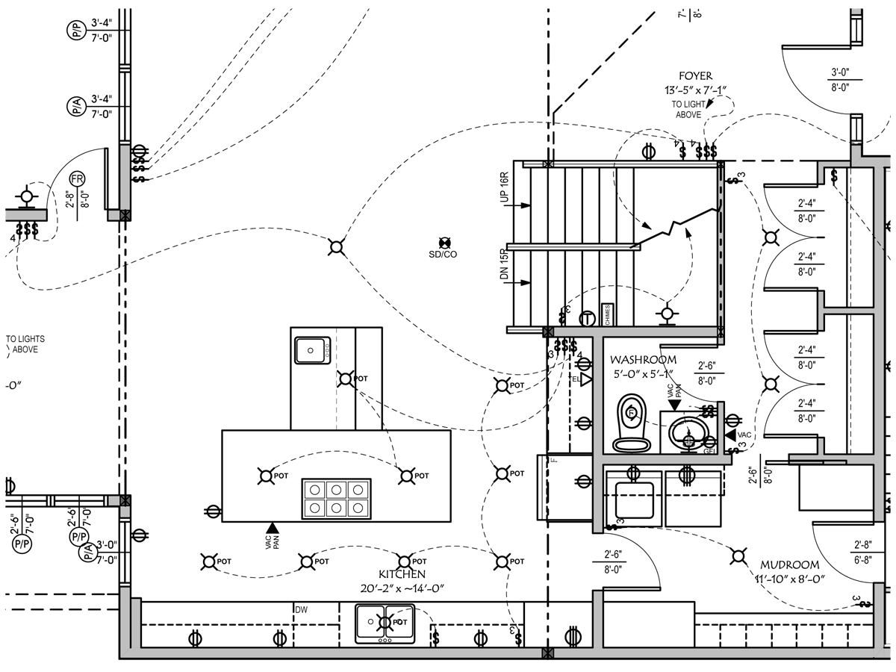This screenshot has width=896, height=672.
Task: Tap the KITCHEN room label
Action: point(402,574)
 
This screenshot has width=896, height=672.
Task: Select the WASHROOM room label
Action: point(643,360)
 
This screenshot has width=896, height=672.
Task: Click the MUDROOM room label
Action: point(790,565)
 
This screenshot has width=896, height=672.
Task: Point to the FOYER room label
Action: point(695,76)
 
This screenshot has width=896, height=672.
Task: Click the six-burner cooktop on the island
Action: point(337,498)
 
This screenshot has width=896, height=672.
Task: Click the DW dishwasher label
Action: point(301,610)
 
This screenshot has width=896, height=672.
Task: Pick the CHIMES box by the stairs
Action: point(608,315)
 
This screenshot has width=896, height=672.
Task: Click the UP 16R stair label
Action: point(505,187)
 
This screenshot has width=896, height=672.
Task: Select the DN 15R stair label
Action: point(505,264)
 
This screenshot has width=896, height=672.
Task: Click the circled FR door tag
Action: point(77,179)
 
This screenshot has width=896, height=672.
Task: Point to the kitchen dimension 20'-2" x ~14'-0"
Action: point(402,588)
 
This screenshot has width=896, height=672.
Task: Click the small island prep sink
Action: point(312,348)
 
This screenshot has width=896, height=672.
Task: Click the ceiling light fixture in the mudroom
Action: point(738,555)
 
